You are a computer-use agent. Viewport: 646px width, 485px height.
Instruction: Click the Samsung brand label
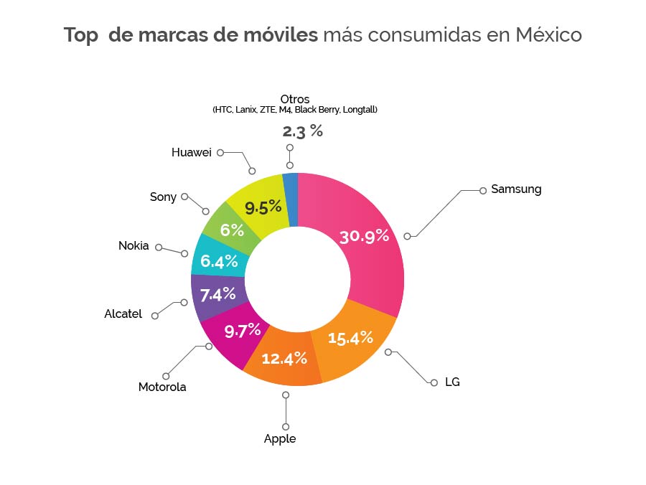tap(516, 189)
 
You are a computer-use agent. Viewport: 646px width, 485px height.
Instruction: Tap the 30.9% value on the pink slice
tap(364, 235)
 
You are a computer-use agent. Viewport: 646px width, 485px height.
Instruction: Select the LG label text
tap(452, 382)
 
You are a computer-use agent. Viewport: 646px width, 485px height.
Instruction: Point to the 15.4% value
tap(351, 336)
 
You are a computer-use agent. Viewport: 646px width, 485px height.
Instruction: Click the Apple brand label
tap(280, 438)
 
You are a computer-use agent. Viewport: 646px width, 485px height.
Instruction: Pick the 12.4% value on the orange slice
tap(284, 357)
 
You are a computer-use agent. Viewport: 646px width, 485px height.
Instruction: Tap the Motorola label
tap(162, 387)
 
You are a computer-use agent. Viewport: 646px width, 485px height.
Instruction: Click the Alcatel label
tap(123, 314)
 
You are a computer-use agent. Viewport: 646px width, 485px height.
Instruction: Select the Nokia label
tap(134, 246)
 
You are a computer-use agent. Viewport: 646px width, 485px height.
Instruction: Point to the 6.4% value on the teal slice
tap(219, 261)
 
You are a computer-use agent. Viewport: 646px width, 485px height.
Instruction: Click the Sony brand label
tap(163, 197)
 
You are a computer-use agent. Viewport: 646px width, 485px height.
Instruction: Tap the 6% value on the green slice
tap(232, 231)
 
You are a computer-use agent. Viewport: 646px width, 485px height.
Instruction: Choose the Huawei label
tap(192, 152)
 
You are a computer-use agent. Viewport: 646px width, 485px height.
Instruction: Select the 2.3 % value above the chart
tap(302, 131)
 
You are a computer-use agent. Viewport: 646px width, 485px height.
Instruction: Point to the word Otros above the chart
tap(295, 99)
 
